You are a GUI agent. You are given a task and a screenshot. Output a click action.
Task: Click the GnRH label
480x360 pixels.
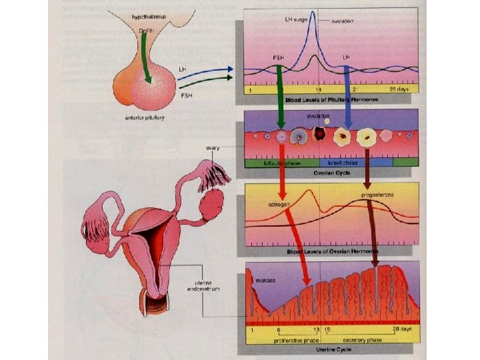pyautogui.click(x=144, y=31)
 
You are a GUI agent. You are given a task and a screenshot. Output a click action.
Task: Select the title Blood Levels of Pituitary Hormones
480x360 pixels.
pyautogui.click(x=332, y=99)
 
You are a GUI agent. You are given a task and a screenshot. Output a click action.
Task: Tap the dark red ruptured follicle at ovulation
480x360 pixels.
pyautogui.click(x=320, y=134)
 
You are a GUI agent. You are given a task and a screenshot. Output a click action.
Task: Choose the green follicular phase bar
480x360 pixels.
pyautogui.click(x=281, y=162)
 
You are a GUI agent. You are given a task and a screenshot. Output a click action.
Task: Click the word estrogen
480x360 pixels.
pyautogui.click(x=277, y=204)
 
